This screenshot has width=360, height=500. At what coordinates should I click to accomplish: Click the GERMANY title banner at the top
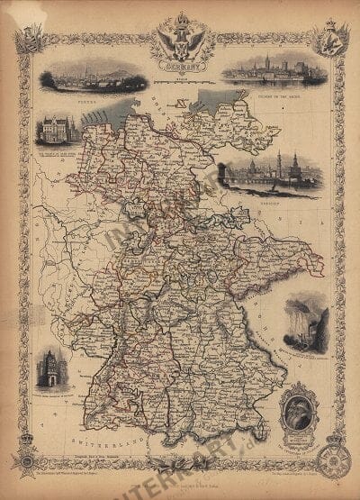coord(181,65)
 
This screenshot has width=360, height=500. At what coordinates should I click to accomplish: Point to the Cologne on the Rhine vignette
coord(274,68)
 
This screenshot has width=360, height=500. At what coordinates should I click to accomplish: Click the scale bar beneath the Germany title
coord(181,80)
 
